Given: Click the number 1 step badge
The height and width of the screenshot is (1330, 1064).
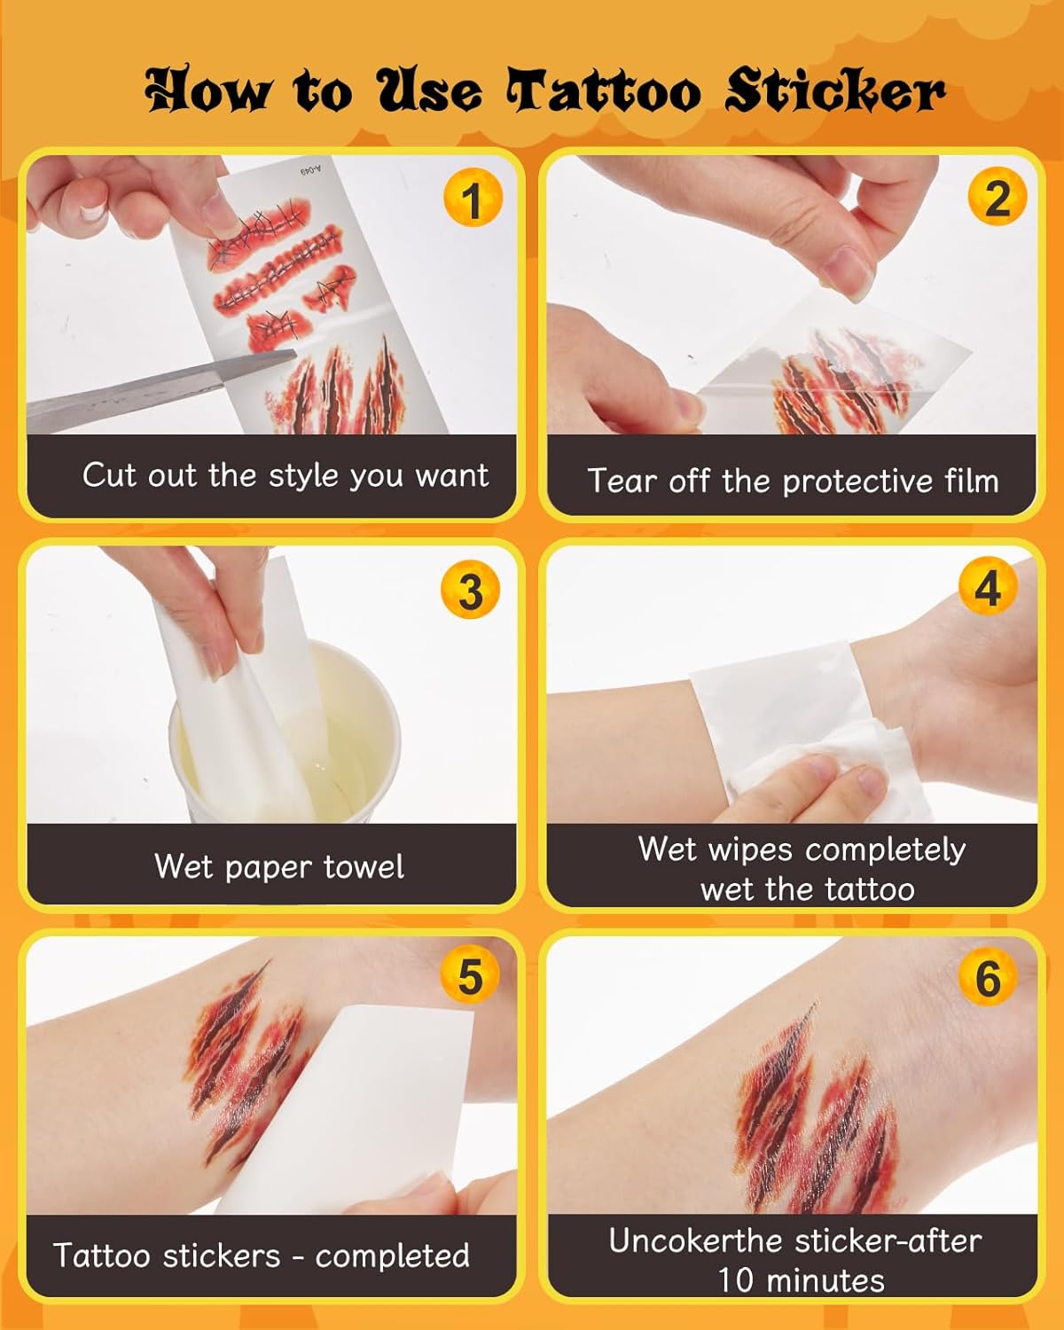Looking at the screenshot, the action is coord(473,197).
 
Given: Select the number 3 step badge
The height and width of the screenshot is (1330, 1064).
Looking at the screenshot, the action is coord(471,589).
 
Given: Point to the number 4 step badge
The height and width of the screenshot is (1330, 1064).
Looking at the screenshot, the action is coord(988,586).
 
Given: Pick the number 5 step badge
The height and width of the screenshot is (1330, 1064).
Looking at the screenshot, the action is coord(470,976).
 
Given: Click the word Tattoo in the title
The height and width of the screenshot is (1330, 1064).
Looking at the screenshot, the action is coord(604,92).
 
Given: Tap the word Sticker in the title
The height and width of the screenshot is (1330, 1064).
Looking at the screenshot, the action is coord(835,90).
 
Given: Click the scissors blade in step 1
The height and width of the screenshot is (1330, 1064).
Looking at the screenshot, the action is coord(160,388).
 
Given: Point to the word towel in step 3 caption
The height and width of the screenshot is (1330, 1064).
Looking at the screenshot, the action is coord(364,866).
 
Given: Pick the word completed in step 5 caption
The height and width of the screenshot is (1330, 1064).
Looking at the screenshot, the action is coord(392,1256).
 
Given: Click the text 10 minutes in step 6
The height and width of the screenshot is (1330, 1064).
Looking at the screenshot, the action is coord(801,1280).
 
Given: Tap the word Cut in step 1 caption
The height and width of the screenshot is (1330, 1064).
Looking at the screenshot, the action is coord(109,474).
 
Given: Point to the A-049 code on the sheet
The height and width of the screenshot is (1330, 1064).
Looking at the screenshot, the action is coord(310,168).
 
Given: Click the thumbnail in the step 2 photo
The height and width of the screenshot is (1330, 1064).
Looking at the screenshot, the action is coord(849,272).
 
